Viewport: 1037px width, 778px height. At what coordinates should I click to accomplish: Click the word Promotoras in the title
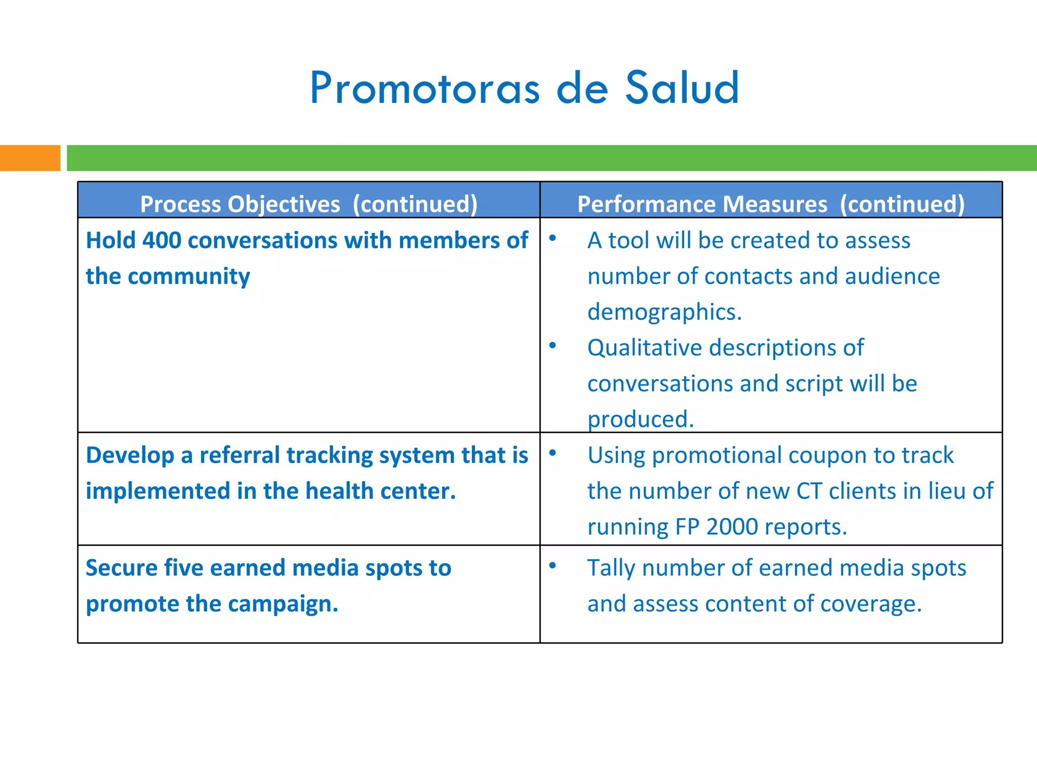pos(425,89)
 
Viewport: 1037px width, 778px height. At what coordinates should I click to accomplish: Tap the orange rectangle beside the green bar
pos(30,158)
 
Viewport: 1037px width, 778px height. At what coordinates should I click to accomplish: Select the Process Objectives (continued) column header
pos(308,204)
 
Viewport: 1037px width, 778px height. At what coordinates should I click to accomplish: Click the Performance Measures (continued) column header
pos(771,204)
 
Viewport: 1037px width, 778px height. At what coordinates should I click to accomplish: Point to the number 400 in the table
pos(162,240)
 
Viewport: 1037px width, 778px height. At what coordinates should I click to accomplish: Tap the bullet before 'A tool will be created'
pos(552,238)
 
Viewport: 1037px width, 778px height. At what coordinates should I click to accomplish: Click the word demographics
pos(664,312)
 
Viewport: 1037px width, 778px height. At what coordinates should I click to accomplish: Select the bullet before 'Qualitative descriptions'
pos(552,345)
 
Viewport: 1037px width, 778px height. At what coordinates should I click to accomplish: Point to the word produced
pos(640,419)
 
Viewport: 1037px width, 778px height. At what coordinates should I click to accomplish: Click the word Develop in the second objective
pos(130,455)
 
